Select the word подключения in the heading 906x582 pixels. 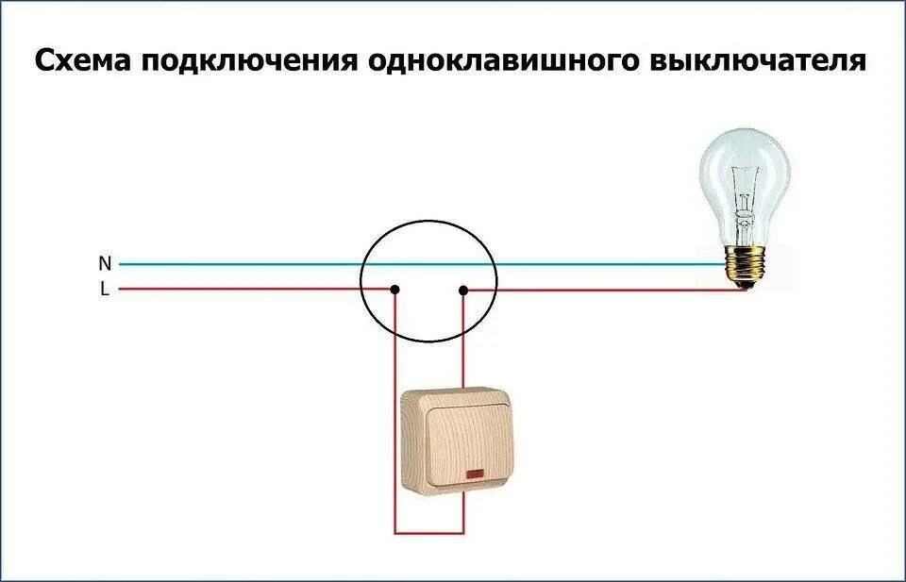[x=251, y=61]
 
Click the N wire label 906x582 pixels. [x=105, y=263]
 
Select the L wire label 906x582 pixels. [x=105, y=290]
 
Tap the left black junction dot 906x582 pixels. [x=394, y=290]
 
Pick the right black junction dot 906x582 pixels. [x=463, y=290]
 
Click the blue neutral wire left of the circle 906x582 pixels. [x=236, y=264]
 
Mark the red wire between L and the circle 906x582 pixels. [x=236, y=290]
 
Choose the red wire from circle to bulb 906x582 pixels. [x=604, y=290]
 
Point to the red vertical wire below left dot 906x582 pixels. [x=394, y=368]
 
